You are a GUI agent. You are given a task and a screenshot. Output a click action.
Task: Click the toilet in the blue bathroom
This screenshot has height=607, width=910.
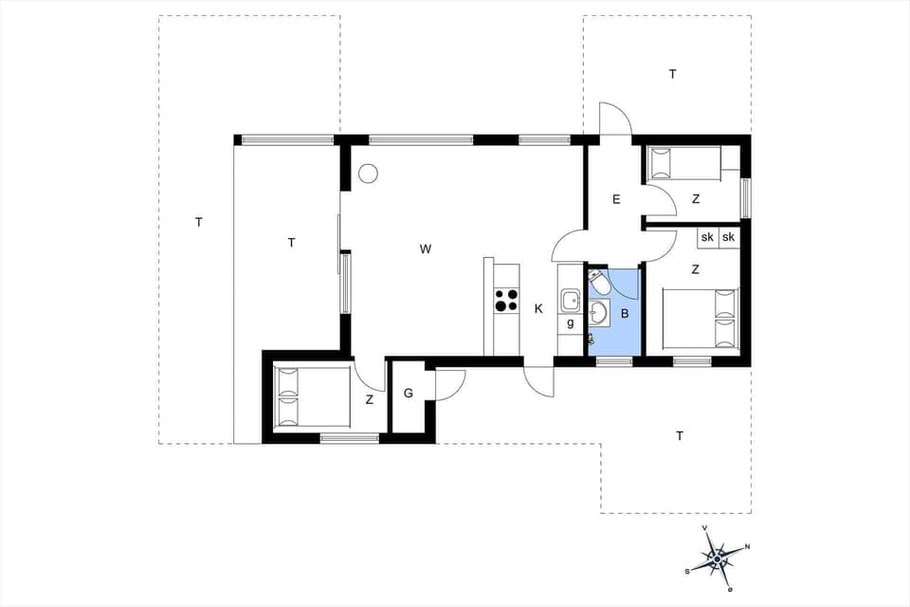[598, 283]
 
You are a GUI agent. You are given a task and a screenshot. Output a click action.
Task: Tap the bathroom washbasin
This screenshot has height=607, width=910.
[599, 312]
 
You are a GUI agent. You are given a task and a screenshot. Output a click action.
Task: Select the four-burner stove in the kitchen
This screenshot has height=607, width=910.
[505, 300]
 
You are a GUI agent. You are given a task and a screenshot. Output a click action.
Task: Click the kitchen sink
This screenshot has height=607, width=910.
[570, 301]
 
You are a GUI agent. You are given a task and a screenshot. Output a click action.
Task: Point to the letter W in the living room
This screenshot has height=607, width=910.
[426, 249]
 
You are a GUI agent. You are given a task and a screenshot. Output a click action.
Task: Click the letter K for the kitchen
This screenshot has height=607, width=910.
[538, 308]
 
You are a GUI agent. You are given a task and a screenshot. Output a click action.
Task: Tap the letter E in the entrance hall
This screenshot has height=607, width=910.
[616, 199]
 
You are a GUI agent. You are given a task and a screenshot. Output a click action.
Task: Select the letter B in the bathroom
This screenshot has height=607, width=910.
[625, 312]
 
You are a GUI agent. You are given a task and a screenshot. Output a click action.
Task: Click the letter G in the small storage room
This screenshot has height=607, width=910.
[409, 393]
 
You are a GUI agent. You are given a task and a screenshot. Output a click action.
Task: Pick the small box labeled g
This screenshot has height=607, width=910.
[570, 323]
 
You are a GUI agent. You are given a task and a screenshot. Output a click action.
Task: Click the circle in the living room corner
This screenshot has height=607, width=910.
[368, 174]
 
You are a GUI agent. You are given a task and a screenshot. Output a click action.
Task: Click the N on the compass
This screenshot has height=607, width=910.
[747, 546]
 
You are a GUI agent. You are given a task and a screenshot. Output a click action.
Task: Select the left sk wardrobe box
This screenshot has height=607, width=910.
[707, 237]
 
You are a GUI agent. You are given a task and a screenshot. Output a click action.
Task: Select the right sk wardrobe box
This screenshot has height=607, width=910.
[728, 237]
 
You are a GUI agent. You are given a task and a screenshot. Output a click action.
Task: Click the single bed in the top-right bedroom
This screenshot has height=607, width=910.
[682, 163]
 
